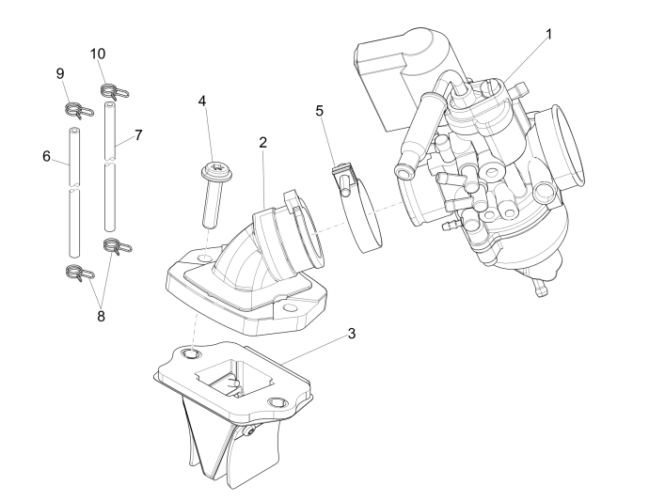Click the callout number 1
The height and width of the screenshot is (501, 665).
pos(548,34)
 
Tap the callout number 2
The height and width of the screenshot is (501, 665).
pos(262,142)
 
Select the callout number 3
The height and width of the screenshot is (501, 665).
pos(351,334)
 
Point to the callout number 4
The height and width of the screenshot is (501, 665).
pos(200,101)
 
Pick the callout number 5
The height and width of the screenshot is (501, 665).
pos(320,111)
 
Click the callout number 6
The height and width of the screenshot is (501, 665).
pos(46,156)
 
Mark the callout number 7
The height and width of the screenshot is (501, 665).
pos(137,134)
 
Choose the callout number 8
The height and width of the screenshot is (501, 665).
pos(101,316)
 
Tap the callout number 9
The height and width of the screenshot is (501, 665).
pos(60,73)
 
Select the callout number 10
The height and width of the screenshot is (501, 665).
pos(97,54)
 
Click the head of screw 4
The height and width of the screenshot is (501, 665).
pos(214,172)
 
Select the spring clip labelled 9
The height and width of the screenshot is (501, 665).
pos(79,111)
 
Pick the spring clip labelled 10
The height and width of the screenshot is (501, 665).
pos(113,91)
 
